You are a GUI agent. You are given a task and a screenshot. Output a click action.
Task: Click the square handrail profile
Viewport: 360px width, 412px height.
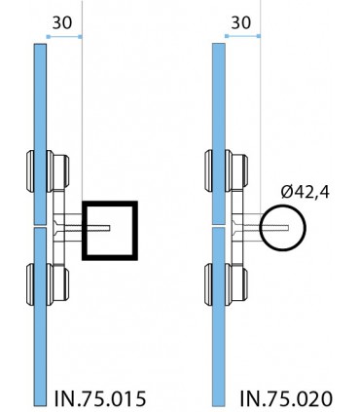pos(85,231)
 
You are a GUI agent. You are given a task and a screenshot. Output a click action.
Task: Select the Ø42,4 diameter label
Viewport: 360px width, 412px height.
pos(305,192)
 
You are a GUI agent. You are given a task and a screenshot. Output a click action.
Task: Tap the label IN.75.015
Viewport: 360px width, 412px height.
pos(100,398)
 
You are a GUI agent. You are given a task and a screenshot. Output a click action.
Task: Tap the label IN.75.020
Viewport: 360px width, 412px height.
pos(286,398)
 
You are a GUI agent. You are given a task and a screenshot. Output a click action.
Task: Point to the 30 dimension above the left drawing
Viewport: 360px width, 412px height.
pos(62,22)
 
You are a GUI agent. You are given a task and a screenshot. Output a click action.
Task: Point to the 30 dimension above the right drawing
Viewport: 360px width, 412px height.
pos(241,22)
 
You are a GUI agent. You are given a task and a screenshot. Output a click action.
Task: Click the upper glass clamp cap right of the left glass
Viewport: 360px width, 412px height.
pos(57,171)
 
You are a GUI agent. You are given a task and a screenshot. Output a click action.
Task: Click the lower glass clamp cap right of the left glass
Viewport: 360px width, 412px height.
pos(57,284)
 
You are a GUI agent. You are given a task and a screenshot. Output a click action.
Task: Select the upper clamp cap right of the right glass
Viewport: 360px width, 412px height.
pos(236,171)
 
